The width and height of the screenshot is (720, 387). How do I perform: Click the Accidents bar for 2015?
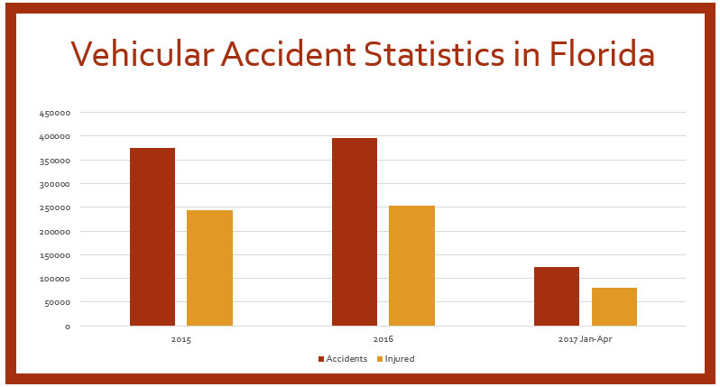click(x=152, y=236)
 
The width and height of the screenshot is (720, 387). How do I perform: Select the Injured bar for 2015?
click(x=209, y=268)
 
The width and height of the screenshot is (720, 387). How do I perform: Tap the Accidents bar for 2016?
click(x=354, y=232)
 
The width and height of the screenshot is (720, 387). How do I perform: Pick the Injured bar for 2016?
click(x=411, y=265)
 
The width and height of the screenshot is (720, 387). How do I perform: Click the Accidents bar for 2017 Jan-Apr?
click(x=556, y=296)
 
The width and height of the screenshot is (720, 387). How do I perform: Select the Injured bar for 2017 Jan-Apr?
click(x=614, y=307)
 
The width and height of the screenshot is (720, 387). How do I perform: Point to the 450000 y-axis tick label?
click(x=55, y=113)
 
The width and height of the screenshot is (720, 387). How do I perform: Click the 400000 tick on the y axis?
click(x=55, y=136)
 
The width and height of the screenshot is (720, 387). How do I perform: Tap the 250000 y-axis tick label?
click(x=55, y=207)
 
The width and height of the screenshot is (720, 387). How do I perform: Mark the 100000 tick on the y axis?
click(x=55, y=279)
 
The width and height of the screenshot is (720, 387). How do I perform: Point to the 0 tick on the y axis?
click(x=67, y=327)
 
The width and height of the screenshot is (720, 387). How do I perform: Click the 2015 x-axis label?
click(x=180, y=341)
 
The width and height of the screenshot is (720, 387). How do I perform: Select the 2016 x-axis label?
click(x=383, y=341)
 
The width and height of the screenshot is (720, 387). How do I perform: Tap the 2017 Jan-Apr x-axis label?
click(x=585, y=341)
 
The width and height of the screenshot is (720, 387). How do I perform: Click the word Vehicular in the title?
click(x=140, y=56)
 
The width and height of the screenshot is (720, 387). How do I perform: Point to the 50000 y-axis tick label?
click(x=58, y=302)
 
